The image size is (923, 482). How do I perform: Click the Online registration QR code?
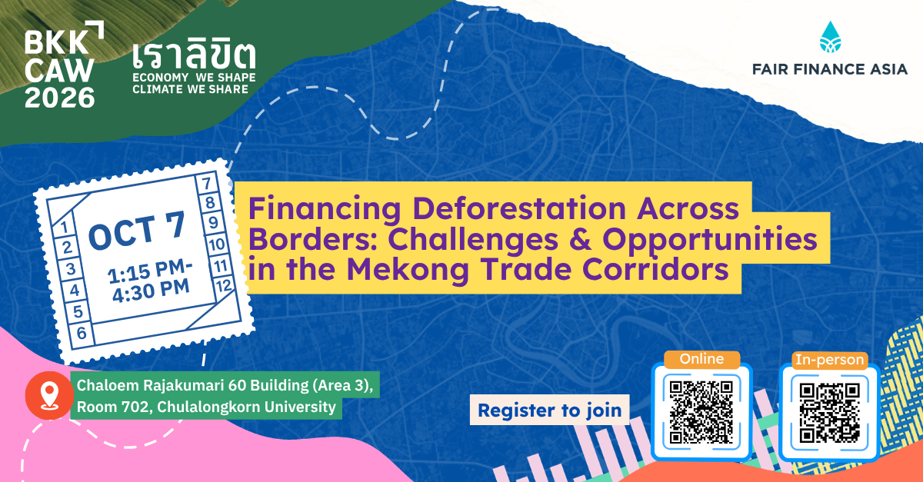701,412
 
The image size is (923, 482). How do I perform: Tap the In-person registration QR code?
829,413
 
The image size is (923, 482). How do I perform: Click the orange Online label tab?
701,359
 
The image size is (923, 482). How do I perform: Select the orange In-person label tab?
829,360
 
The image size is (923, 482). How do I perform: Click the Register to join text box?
549,410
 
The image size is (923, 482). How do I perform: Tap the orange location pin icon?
49,395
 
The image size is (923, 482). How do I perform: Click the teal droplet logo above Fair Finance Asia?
830,37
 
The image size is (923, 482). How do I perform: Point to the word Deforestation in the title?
519,208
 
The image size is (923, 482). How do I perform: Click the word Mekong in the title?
408,271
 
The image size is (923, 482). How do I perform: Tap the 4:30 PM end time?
151,291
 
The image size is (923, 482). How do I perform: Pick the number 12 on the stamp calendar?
224,285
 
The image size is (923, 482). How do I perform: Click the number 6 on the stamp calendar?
82,333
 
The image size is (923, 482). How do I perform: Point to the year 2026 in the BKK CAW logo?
60,98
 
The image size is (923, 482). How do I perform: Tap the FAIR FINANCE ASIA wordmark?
830,69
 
